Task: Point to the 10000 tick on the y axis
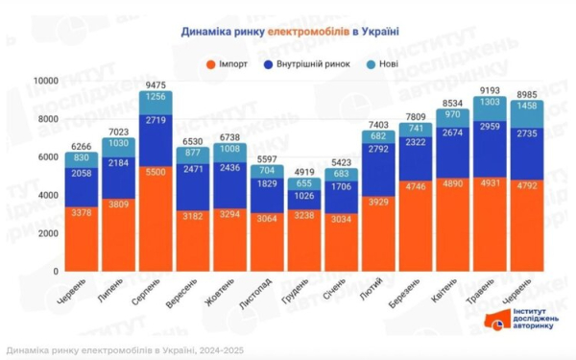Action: coord(43,81)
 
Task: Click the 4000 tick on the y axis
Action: coord(46,195)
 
